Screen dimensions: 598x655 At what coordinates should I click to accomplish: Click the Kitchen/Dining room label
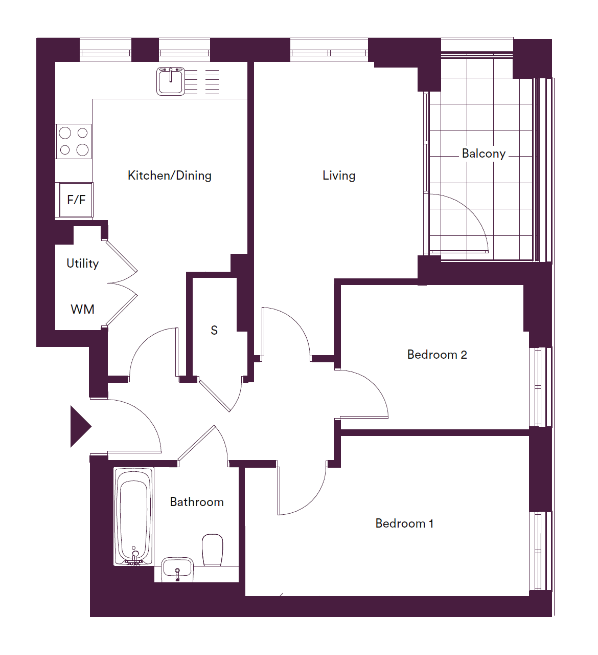[169, 176]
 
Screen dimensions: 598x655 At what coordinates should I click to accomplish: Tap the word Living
[339, 176]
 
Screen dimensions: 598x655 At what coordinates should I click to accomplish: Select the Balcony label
[484, 154]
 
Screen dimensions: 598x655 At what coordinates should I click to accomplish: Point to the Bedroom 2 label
[437, 355]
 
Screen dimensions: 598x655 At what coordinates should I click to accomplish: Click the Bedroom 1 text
[404, 523]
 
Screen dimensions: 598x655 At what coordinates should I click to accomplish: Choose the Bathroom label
[197, 502]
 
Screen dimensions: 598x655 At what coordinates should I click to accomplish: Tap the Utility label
[82, 264]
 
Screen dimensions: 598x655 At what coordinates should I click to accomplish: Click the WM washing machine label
[82, 309]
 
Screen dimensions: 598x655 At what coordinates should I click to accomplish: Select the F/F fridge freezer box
[76, 200]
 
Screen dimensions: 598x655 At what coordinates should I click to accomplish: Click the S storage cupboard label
[214, 330]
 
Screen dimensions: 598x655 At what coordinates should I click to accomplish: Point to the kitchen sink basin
[171, 81]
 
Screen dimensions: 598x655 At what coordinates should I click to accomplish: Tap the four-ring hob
[74, 141]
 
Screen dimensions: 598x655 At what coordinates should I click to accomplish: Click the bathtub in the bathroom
[134, 516]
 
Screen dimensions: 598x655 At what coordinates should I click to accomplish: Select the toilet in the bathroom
[213, 550]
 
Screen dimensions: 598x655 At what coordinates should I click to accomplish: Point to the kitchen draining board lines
[202, 82]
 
